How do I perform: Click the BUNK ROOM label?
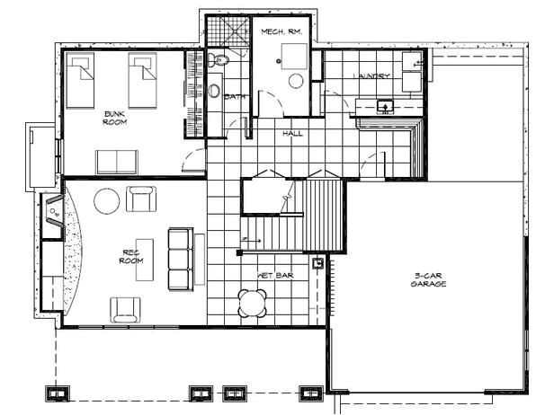point(113,117)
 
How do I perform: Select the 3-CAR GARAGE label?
point(430,279)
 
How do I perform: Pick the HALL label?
point(292,133)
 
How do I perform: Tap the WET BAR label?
point(273,275)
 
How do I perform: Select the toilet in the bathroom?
point(219,60)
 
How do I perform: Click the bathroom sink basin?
point(215,91)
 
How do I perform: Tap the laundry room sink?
point(385,106)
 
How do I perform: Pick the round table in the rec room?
point(105,199)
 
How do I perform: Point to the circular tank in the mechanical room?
point(296,80)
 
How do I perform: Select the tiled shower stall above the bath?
point(227,32)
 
